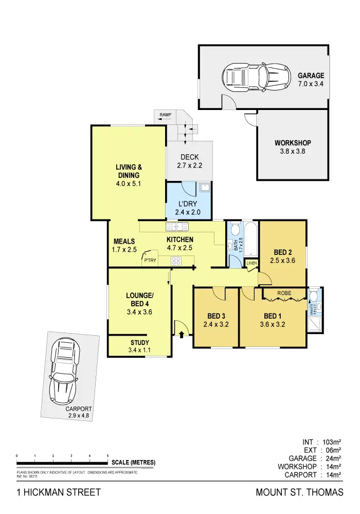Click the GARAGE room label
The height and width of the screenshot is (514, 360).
[311, 76]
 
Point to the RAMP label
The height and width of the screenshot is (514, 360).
[165, 115]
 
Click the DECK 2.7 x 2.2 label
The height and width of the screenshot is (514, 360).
[189, 161]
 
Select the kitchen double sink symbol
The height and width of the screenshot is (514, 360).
[177, 227]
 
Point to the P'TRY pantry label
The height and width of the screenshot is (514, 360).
[150, 261]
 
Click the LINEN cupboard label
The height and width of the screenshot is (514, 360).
[251, 263]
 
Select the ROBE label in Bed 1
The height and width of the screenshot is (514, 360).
[284, 293]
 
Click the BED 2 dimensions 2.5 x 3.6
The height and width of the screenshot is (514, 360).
[283, 261]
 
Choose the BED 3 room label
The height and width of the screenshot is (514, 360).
[216, 316]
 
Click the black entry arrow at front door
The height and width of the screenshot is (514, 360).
[182, 335]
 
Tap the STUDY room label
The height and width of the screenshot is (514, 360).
[140, 343]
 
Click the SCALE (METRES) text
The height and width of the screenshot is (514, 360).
[133, 462]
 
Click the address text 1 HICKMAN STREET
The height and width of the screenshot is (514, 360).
[59, 492]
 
